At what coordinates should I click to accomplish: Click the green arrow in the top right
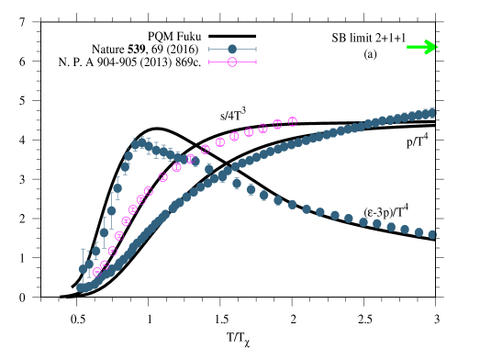point(422,47)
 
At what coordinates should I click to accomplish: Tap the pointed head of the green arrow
point(436,47)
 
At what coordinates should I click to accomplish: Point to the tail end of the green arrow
point(407,47)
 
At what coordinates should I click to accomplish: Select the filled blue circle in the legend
point(232,49)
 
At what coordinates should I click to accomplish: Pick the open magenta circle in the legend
point(232,62)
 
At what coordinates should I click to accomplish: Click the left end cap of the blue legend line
point(209,49)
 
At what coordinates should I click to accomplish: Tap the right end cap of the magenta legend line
point(255,62)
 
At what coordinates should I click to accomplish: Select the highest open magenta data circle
point(292,121)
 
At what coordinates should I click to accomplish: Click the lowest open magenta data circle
point(97,272)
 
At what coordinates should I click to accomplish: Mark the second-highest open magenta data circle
point(277,124)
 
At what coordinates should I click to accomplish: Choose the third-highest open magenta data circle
point(262,129)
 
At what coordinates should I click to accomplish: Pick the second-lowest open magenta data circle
point(105,264)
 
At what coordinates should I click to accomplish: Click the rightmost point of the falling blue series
point(432,234)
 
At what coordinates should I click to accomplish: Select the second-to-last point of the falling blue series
point(419,231)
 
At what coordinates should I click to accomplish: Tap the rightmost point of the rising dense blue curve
point(432,113)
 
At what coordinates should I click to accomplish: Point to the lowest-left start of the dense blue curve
point(81,287)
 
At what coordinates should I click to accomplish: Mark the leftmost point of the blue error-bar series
point(83,269)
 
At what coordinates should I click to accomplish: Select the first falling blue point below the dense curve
point(237,184)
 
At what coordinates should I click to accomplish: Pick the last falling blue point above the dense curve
point(208,169)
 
